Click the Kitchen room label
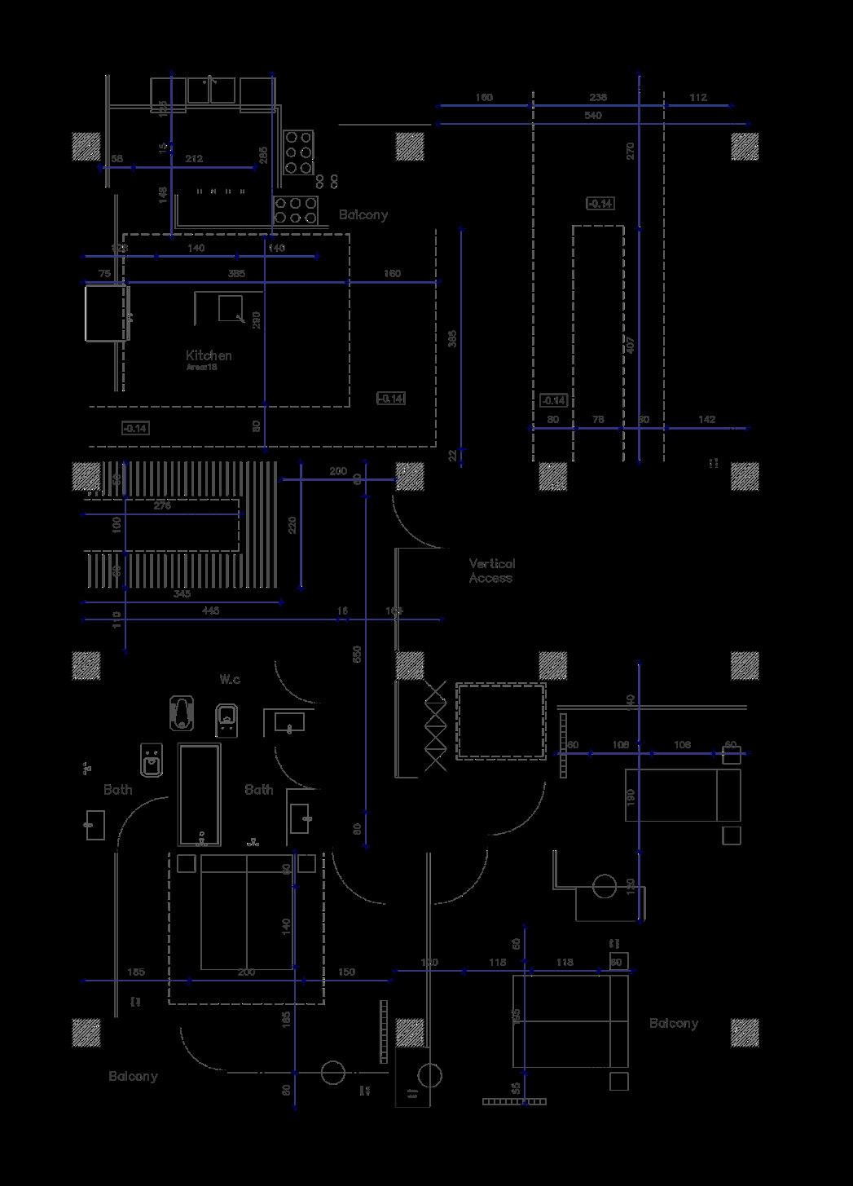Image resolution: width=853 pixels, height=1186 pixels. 209,355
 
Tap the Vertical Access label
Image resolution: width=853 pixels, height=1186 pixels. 491,571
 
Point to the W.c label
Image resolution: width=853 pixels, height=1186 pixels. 230,679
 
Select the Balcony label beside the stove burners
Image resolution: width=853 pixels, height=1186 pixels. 363,215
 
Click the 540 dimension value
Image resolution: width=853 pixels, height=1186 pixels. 592,116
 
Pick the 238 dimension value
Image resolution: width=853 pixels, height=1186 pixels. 597,97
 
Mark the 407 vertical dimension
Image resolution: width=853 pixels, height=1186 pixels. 631,344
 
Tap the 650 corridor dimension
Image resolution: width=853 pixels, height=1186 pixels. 357,654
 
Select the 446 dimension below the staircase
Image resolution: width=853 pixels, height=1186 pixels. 210,611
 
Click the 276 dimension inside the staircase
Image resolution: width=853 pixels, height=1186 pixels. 162,506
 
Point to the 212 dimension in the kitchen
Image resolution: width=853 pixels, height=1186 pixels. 194,158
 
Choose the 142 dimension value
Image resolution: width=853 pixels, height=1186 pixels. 706,419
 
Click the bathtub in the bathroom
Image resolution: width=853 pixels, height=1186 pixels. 200,794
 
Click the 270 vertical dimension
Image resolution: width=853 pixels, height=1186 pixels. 631,151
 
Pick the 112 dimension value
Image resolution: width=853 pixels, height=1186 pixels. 698,97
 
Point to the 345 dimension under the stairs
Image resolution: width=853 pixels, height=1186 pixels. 182,593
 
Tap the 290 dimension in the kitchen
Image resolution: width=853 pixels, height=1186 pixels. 257,320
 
